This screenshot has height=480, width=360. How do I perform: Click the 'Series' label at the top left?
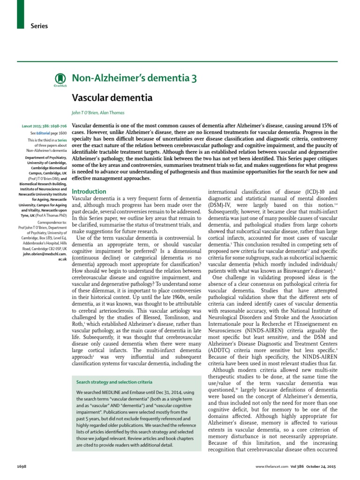tap(39, 26)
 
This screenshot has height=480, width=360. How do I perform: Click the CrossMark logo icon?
tap(59, 79)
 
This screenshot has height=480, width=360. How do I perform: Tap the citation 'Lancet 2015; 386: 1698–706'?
tap(45, 127)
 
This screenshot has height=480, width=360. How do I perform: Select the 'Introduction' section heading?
tap(89, 192)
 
